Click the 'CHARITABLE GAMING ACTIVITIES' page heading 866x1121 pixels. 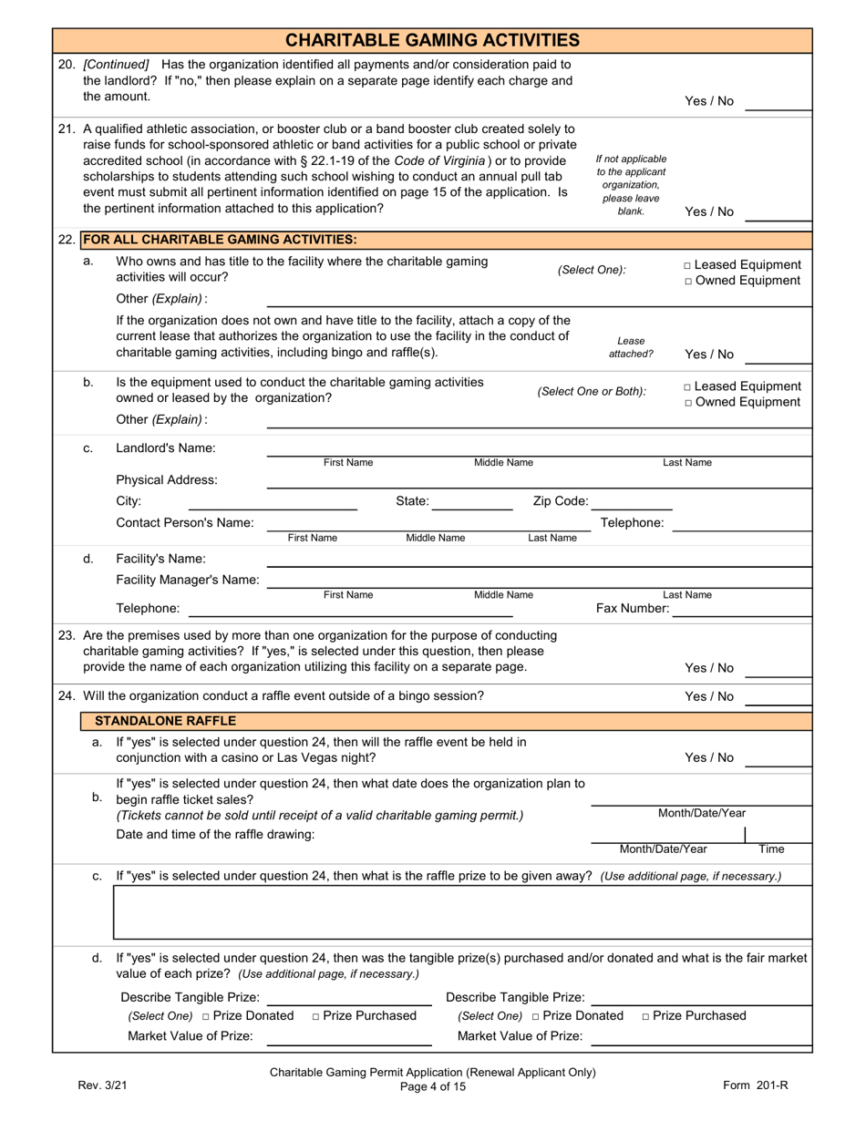point(432,40)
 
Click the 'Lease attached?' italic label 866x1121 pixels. point(630,347)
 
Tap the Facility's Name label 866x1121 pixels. point(160,559)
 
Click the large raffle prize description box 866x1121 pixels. point(461,912)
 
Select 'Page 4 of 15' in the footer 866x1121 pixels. point(432,1086)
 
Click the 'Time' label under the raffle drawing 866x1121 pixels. point(771,848)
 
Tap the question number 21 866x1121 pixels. point(67,129)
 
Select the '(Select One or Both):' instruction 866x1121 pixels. point(592,392)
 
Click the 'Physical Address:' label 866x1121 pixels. point(167,479)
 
